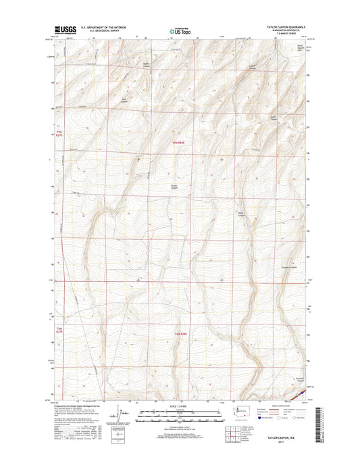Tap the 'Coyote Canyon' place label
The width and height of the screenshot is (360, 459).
(254, 66)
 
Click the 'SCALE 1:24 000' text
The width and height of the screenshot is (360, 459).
(180, 406)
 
